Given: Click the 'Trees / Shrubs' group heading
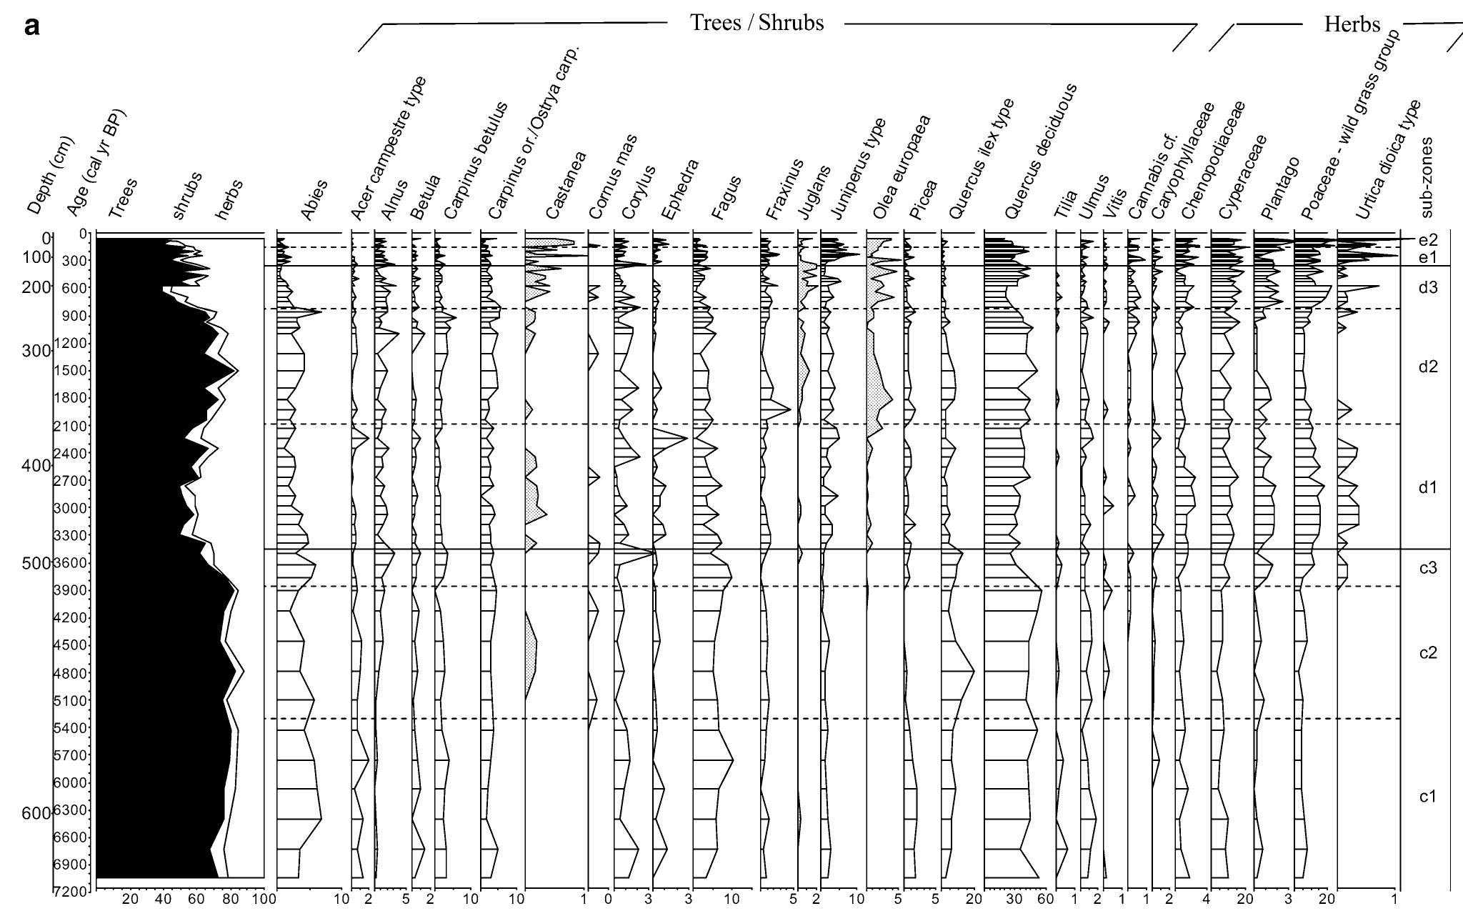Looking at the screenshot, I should [757, 23].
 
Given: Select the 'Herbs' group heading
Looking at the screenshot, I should [1352, 24].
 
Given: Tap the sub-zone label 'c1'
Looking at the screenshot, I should [1427, 797].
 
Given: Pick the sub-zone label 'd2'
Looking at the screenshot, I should [1427, 367].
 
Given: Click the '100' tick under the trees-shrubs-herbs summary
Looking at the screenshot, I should [264, 898].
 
